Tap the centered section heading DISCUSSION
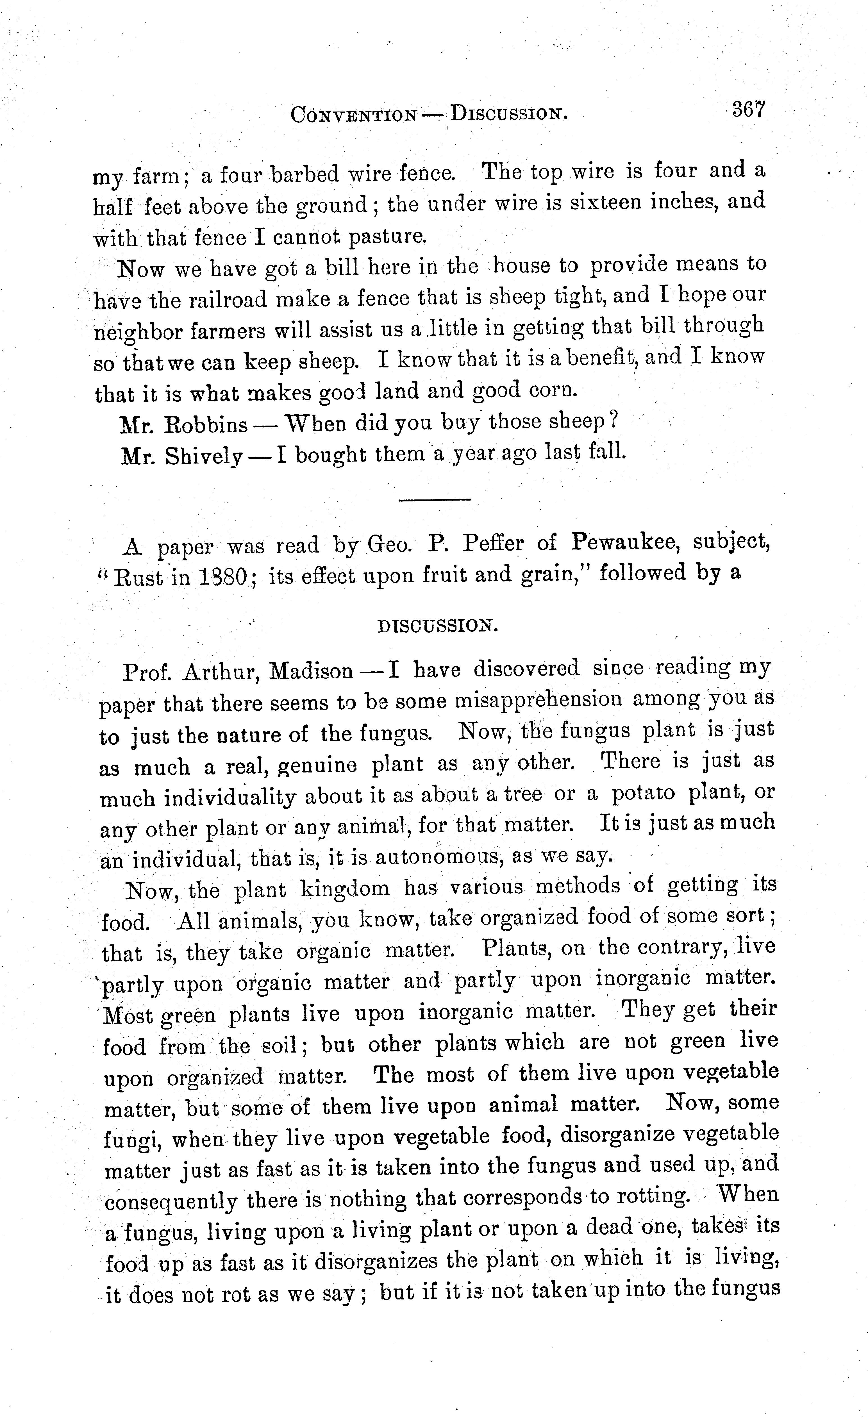coord(437,626)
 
